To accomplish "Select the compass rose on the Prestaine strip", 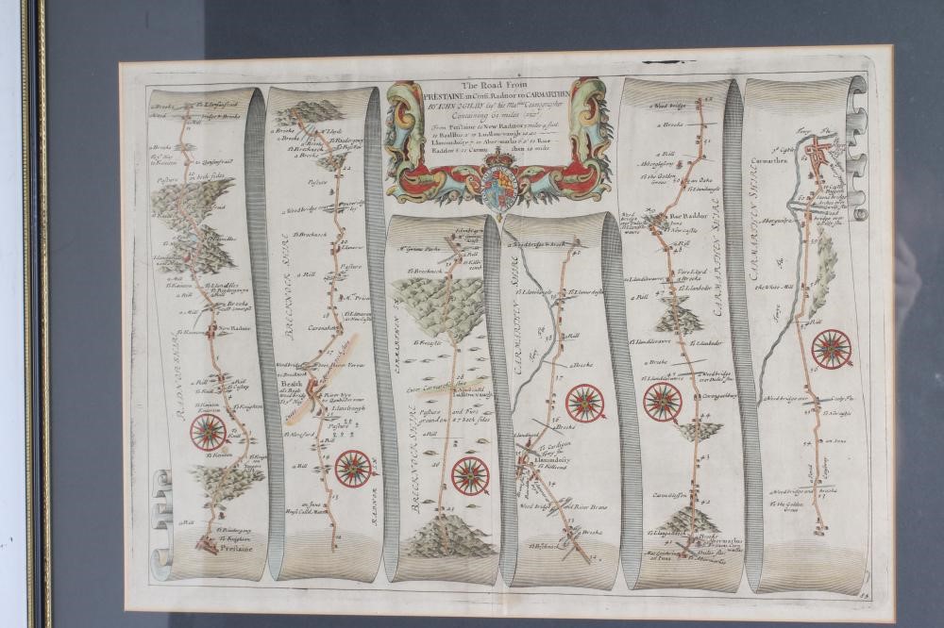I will (x=208, y=434).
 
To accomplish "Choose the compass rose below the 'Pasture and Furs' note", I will (x=469, y=473).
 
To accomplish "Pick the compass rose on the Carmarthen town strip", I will (x=832, y=349).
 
